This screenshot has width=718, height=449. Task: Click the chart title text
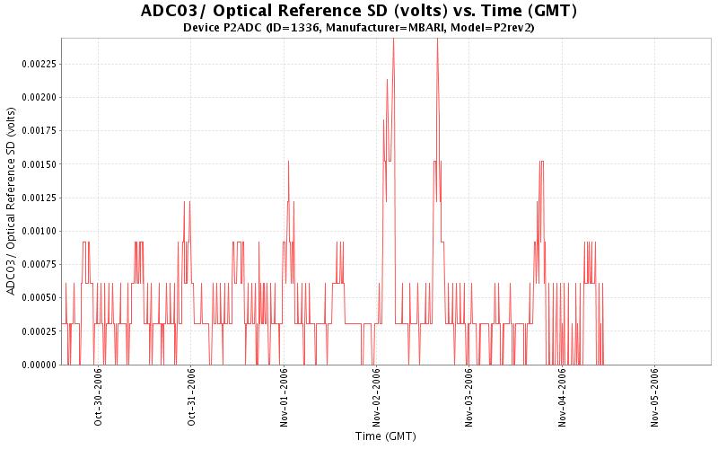pyautogui.click(x=359, y=12)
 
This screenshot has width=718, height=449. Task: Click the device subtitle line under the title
pyautogui.click(x=359, y=28)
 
